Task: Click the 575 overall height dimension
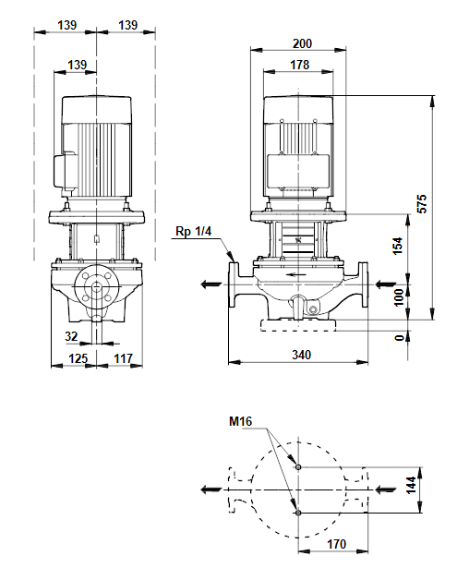tap(422, 204)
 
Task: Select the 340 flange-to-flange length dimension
tap(301, 355)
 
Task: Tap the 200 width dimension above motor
tap(302, 43)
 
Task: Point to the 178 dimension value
tap(299, 65)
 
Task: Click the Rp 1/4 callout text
tap(193, 231)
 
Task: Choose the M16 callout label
tap(240, 421)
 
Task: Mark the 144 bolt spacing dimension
tap(412, 485)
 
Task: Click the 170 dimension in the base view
tap(337, 544)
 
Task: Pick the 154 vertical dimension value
tap(398, 246)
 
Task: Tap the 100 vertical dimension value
tap(398, 297)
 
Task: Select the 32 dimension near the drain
tap(71, 336)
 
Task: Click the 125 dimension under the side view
tap(78, 358)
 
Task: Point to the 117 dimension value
tap(123, 358)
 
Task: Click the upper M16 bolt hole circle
tap(298, 467)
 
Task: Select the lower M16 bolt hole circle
tap(298, 513)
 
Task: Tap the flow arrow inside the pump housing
tap(295, 274)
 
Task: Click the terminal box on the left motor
tap(65, 172)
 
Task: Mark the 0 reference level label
tap(399, 338)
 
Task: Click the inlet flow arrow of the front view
tap(386, 284)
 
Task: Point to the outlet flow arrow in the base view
tap(211, 489)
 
